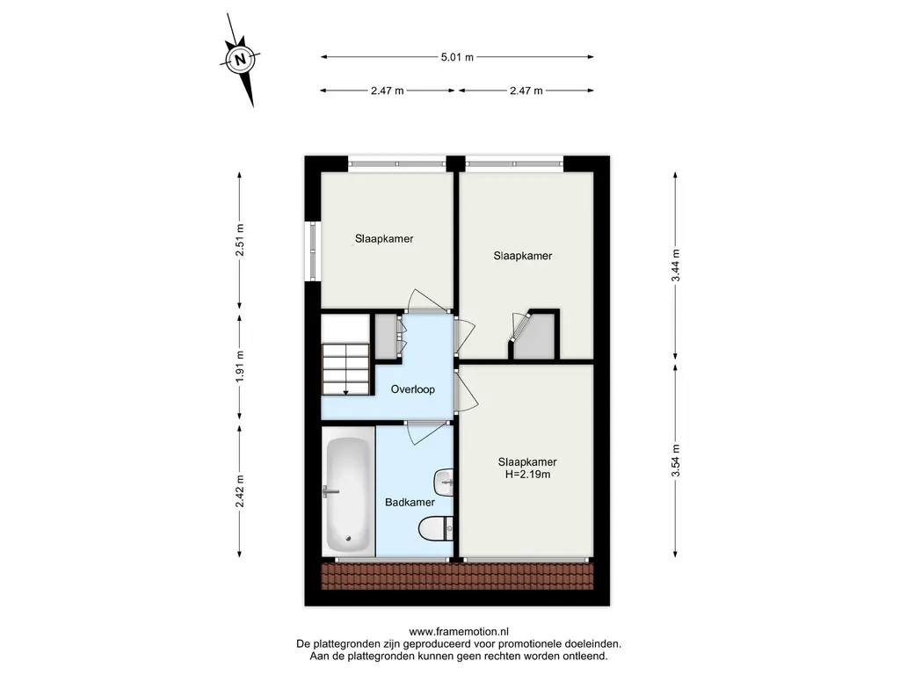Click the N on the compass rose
click(x=241, y=59)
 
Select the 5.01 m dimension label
click(x=457, y=57)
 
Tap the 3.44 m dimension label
click(x=676, y=265)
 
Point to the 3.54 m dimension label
click(x=676, y=461)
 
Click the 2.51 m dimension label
click(x=239, y=240)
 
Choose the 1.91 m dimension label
click(x=239, y=367)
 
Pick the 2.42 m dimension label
click(x=239, y=490)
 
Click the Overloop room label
click(x=413, y=389)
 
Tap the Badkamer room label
click(x=410, y=502)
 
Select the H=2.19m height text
click(x=527, y=474)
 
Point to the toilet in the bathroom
click(x=436, y=528)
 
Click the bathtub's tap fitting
click(x=330, y=492)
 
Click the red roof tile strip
click(x=457, y=576)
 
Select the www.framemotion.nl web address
click(x=459, y=632)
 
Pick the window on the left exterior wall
click(x=313, y=250)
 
